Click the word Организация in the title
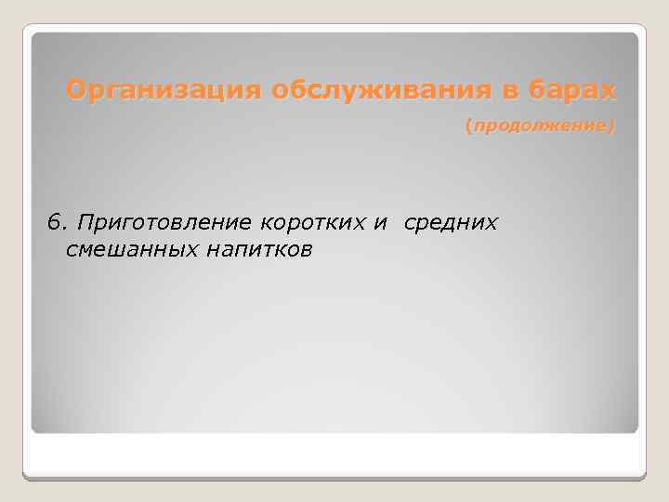pos(164,91)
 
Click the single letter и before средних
pos(383,223)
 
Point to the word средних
pos(451,222)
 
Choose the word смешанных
pos(130,250)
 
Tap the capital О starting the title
pos(75,91)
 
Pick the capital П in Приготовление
pos(85,222)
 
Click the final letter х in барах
pos(608,91)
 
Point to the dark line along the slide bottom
pos(334,477)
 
